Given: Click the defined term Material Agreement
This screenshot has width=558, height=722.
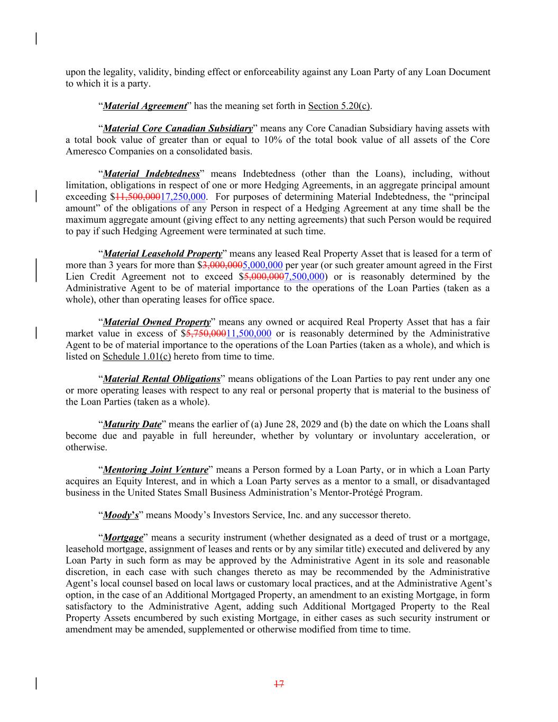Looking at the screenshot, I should (144, 106).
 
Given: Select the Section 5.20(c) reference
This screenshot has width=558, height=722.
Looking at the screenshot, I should (339, 106).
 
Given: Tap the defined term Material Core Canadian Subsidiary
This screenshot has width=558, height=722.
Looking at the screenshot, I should (177, 129).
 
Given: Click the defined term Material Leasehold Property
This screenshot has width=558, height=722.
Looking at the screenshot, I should (162, 254).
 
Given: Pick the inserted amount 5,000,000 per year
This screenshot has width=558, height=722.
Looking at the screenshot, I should (262, 266).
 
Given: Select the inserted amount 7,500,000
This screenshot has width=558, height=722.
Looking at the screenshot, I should (304, 277).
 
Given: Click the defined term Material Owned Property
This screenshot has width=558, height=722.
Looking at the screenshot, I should (157, 322).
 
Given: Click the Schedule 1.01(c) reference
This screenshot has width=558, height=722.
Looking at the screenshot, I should (136, 357).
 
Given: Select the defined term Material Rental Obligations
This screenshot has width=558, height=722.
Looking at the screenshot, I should (161, 379).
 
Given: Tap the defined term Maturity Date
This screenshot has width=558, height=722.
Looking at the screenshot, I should (132, 425).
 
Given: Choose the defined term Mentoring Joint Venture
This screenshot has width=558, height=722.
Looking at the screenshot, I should (155, 470).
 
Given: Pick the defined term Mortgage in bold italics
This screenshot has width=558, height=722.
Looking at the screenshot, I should (123, 538).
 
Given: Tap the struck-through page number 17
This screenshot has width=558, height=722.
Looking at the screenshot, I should (279, 684).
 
